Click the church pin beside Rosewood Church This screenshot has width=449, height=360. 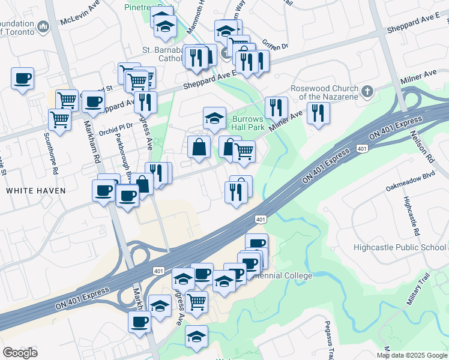point(368,92)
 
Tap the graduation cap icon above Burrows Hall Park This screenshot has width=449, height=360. point(214,118)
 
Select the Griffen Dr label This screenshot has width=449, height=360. point(276,46)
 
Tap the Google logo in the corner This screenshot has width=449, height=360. point(20,353)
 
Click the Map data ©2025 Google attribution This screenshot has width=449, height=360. point(412,355)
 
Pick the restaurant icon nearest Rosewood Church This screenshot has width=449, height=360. point(318,112)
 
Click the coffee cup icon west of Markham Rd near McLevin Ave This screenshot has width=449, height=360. point(22,78)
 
